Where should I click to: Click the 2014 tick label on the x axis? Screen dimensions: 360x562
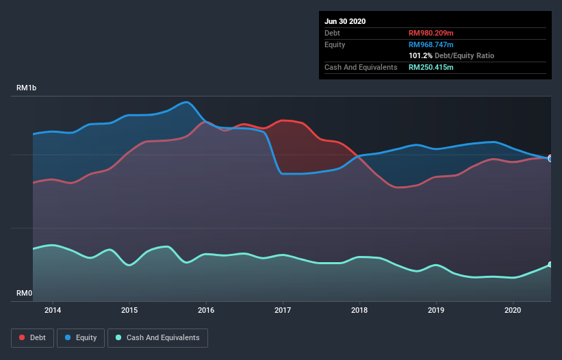click(53, 310)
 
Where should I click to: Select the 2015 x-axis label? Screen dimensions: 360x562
click(129, 310)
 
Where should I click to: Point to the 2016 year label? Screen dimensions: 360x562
click(206, 310)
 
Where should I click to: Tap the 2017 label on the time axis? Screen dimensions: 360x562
click(283, 310)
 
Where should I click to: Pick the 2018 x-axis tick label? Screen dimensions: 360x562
click(359, 310)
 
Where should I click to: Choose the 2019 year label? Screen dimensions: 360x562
click(436, 310)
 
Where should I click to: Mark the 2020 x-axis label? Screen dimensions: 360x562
click(513, 310)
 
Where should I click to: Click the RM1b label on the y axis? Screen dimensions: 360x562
click(27, 88)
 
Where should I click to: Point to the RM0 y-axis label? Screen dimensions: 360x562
click(25, 293)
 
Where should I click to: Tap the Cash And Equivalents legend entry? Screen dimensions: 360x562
click(157, 337)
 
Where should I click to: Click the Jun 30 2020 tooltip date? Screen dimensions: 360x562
click(345, 21)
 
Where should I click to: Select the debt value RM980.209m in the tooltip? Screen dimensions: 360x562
click(431, 33)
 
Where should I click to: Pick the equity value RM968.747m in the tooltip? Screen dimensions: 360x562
click(431, 44)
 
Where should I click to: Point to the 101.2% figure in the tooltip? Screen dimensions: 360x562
click(420, 55)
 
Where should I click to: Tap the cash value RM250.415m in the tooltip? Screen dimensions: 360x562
click(431, 67)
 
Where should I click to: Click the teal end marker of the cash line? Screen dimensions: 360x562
click(550, 265)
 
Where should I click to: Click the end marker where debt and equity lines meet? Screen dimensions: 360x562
click(550, 158)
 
